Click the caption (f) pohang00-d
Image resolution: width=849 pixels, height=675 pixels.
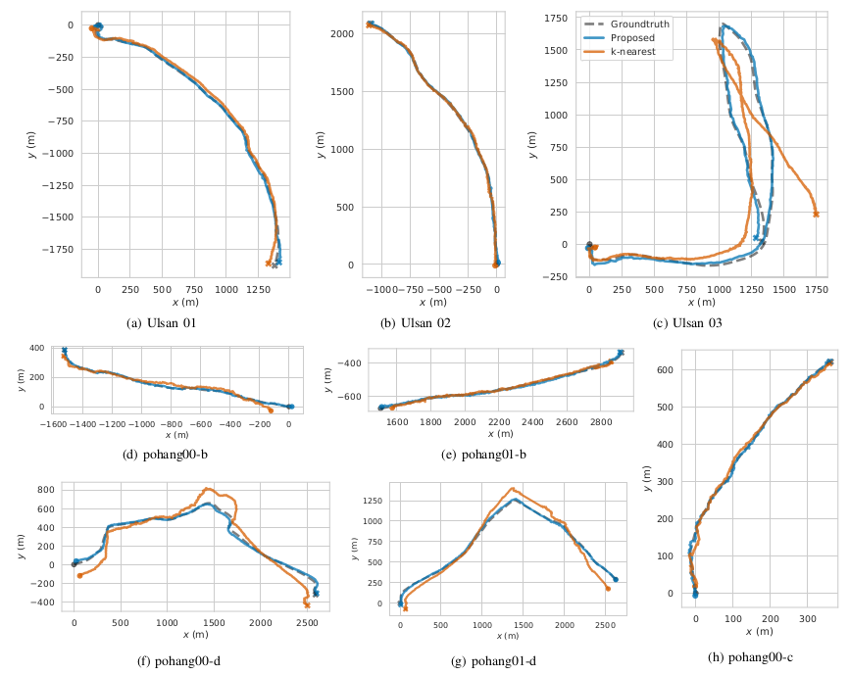(x=179, y=660)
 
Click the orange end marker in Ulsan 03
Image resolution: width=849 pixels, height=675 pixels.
(x=816, y=214)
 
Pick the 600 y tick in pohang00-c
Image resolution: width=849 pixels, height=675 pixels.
(x=664, y=370)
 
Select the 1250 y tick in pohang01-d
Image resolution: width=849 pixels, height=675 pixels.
(x=372, y=501)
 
